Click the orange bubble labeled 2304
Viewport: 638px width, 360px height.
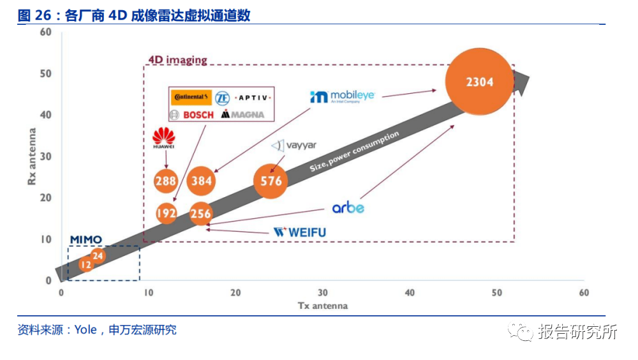(x=479, y=82)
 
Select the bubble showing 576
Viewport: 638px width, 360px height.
(x=271, y=181)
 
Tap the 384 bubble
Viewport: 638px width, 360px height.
(x=201, y=181)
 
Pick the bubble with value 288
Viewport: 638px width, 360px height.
(x=165, y=181)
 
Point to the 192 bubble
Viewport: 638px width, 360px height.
(x=166, y=213)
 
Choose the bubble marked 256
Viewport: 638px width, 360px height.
(x=200, y=214)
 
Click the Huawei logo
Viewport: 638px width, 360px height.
(x=164, y=138)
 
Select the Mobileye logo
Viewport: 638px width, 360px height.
(x=342, y=97)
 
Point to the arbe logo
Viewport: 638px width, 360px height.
(x=348, y=208)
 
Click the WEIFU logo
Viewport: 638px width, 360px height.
(x=299, y=232)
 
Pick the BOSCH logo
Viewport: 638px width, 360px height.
(x=192, y=115)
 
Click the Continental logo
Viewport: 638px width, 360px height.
(x=191, y=98)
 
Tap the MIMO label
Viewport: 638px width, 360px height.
(x=85, y=240)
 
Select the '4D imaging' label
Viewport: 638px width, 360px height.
(x=177, y=60)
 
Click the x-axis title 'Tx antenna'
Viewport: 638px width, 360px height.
(x=323, y=306)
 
